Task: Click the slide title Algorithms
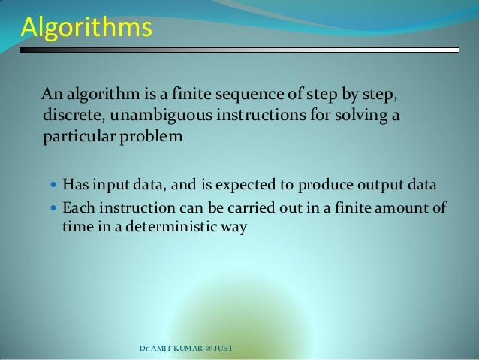86,29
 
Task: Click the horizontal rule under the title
239,50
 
